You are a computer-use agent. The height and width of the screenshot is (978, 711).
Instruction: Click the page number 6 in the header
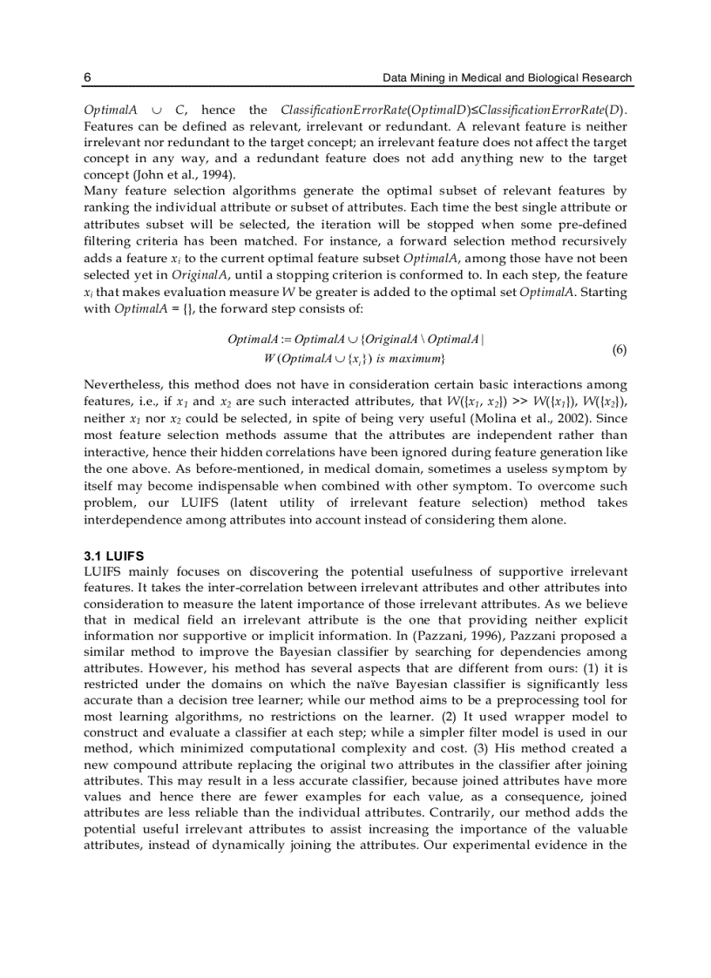pos(87,78)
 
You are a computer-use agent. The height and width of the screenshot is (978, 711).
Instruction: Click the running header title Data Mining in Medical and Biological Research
pos(507,78)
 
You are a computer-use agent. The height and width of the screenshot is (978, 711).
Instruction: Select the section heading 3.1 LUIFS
pos(114,556)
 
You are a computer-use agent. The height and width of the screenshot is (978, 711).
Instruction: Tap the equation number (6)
pos(620,350)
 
